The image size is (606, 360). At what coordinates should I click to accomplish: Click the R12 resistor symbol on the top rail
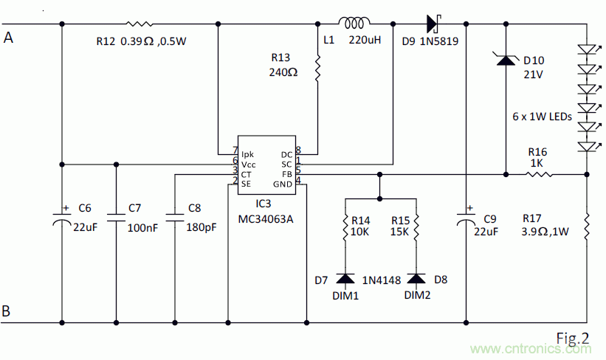(140, 24)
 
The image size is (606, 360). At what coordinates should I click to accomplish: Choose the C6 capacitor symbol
(62, 218)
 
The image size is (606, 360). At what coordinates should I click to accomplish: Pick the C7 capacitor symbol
(117, 218)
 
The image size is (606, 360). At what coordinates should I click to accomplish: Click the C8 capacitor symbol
(175, 218)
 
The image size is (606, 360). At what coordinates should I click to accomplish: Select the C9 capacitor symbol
(466, 218)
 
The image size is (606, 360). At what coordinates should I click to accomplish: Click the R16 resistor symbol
(540, 174)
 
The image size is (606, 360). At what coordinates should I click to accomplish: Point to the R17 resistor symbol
(587, 226)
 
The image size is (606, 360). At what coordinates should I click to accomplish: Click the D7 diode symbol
(345, 279)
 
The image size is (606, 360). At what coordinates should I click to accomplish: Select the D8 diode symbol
(416, 279)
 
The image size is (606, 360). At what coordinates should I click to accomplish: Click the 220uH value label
(365, 41)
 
